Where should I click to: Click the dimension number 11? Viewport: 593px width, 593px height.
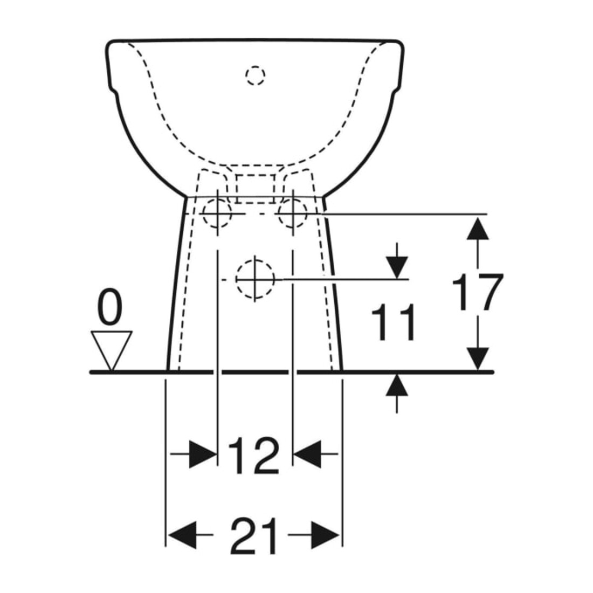click(394, 322)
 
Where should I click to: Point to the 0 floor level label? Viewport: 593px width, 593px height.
click(111, 310)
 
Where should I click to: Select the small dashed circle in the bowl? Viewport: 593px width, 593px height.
click(256, 75)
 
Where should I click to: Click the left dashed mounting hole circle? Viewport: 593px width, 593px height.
click(216, 213)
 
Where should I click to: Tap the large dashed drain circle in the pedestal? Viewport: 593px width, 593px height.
click(255, 279)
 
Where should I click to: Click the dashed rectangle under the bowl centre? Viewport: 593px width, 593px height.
click(255, 188)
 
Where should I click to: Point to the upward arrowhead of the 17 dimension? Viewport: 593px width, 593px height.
click(477, 227)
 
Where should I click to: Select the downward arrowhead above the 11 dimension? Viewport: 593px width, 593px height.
click(397, 267)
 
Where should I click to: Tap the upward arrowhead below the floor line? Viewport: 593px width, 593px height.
click(397, 385)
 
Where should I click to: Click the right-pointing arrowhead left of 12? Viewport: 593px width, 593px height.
click(203, 453)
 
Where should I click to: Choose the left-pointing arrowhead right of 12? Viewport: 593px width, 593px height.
click(308, 453)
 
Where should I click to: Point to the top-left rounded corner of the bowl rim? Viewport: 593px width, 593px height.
click(108, 43)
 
